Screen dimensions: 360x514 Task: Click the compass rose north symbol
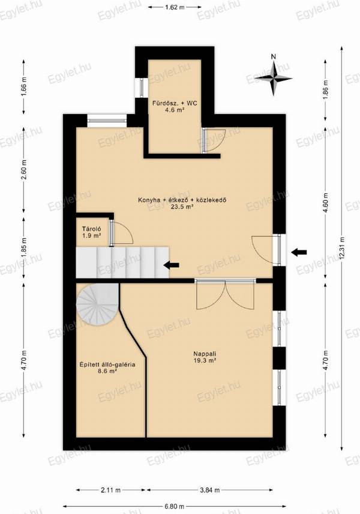pos(274,77)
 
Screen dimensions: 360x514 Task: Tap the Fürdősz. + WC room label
pos(175,106)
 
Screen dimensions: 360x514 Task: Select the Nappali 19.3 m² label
pos(205,357)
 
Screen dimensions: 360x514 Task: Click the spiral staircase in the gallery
pos(97,305)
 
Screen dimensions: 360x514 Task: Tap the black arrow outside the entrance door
pos(299,252)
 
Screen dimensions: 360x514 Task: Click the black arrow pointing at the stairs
pos(172,265)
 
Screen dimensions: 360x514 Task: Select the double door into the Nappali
pos(225,294)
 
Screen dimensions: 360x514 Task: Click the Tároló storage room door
pos(122,232)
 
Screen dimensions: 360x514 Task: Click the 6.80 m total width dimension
pos(174,506)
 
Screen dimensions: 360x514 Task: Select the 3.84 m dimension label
pos(209,490)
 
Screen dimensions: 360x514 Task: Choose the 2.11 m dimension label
pos(110,490)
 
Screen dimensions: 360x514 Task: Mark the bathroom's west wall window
pos(142,88)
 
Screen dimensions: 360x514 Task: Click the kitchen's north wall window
pos(107,121)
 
